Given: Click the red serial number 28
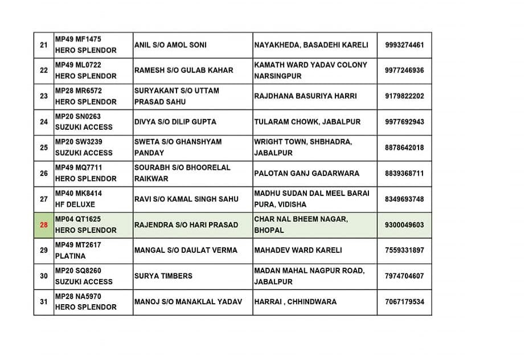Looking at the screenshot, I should pos(44,225).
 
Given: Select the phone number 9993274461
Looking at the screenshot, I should pos(404,45).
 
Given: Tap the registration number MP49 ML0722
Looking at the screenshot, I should pos(78,65).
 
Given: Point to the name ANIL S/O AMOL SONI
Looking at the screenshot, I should pos(171,45).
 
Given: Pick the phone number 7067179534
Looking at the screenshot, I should pos(404,302).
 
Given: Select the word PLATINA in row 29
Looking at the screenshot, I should pos(70,256).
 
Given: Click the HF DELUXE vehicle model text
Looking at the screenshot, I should pos(75,204).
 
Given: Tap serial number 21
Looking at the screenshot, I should pos(44,45).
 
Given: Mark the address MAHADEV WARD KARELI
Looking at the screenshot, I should pos(298,250).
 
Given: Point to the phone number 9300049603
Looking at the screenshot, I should pos(404,225).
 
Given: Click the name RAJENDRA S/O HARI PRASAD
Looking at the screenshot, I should pos(186,225).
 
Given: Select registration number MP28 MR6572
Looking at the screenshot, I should pos(79,91).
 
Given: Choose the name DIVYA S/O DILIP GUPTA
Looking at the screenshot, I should pos(175,122).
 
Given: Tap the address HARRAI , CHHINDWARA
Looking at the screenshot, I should pos(296,302).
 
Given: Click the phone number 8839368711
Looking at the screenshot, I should pos(404,173).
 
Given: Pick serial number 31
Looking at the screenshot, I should pos(44,302).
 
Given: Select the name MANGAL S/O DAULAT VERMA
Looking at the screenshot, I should pos(186,250).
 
